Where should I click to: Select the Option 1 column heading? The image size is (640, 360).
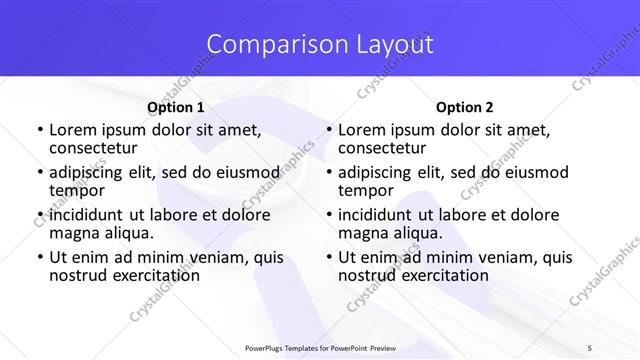click(x=175, y=106)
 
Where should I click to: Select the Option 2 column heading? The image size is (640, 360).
click(x=465, y=106)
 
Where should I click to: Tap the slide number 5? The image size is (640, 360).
click(x=618, y=348)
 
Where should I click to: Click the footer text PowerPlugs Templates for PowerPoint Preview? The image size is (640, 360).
click(x=320, y=348)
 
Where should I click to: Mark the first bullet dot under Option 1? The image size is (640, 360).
click(x=39, y=130)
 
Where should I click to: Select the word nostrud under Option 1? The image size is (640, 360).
click(x=77, y=276)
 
